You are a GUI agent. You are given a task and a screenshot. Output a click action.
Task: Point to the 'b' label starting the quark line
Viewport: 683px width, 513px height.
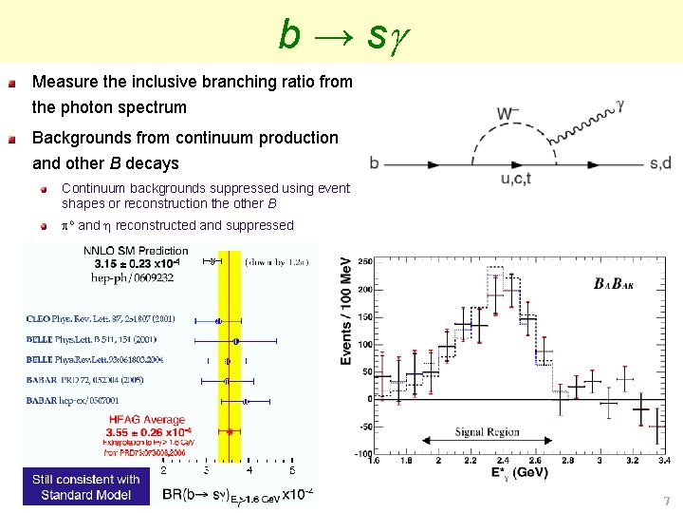[x=375, y=163]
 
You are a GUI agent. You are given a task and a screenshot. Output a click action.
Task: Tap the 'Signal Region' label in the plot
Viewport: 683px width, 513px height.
[x=487, y=432]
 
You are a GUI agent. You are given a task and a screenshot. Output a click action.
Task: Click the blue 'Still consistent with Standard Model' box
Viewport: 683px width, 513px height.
[x=85, y=486]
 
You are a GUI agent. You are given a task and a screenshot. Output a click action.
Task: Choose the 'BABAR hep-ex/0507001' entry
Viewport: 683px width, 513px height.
[x=81, y=402]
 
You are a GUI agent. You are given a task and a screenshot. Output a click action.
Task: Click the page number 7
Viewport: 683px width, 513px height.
[x=666, y=501]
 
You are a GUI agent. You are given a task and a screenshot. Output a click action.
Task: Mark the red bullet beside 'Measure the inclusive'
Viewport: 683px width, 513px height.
[x=11, y=84]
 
